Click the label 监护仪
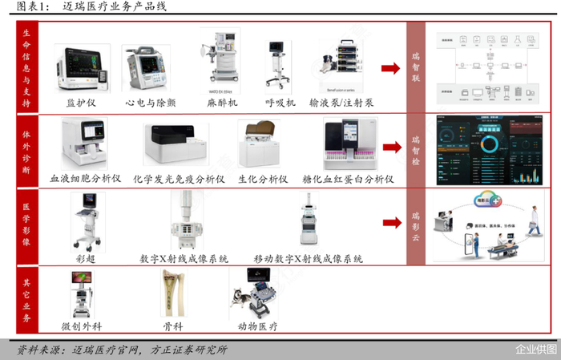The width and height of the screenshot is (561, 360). pos(82,103)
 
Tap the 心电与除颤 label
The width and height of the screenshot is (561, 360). pos(151,103)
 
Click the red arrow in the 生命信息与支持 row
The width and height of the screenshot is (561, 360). pos(390,68)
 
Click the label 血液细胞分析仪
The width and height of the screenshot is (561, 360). pos(86,179)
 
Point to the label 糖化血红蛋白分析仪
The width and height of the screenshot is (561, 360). pos(348,179)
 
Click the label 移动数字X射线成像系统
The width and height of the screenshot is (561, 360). pos(309,259)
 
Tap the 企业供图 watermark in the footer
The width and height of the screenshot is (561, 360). pos(536,349)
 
